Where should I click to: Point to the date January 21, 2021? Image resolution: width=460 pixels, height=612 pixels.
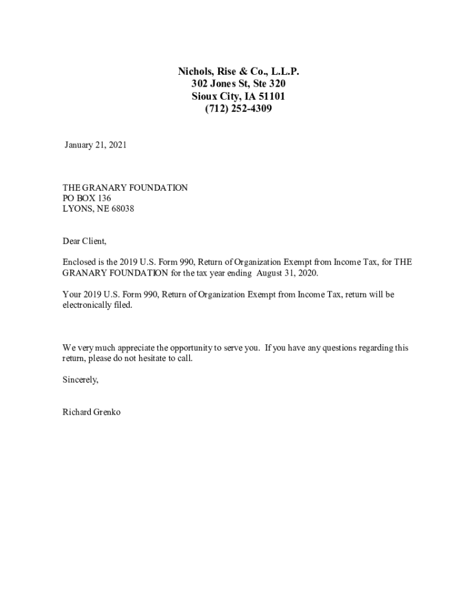(96, 145)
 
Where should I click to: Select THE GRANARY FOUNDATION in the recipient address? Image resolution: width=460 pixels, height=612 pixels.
(125, 188)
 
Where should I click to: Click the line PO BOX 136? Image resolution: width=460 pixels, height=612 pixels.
(87, 198)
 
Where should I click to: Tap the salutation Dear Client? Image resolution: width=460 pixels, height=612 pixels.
(85, 241)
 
